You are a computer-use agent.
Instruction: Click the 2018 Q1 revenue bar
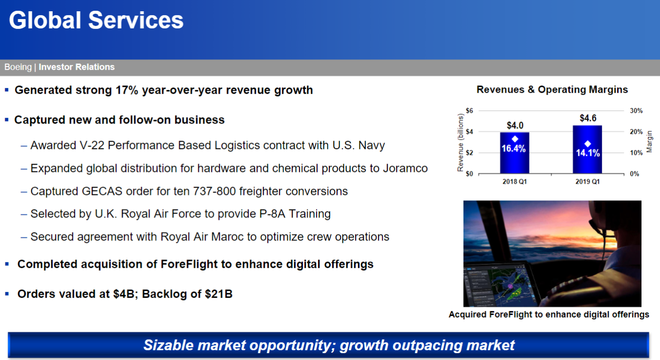(x=514, y=153)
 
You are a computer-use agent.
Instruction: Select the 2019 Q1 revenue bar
(x=587, y=149)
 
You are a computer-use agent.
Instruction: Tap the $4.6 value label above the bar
(x=588, y=118)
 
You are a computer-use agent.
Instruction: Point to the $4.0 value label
(x=515, y=126)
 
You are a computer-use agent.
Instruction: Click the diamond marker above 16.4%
(x=515, y=139)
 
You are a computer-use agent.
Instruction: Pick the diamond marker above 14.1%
(x=588, y=144)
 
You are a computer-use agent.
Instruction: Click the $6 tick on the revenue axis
(x=469, y=110)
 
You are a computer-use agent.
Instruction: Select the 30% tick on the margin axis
(x=636, y=111)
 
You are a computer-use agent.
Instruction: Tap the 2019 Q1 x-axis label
(x=588, y=182)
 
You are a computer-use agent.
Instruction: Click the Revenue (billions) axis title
(x=460, y=143)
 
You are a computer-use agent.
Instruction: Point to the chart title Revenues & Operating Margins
(x=552, y=89)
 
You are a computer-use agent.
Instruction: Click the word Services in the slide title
(x=136, y=20)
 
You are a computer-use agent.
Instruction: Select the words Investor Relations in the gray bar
(x=77, y=67)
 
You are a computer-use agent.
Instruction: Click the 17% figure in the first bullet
(x=127, y=90)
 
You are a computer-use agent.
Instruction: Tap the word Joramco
(x=405, y=168)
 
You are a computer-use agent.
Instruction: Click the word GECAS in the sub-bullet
(x=102, y=191)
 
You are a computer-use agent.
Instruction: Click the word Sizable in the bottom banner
(x=169, y=345)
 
